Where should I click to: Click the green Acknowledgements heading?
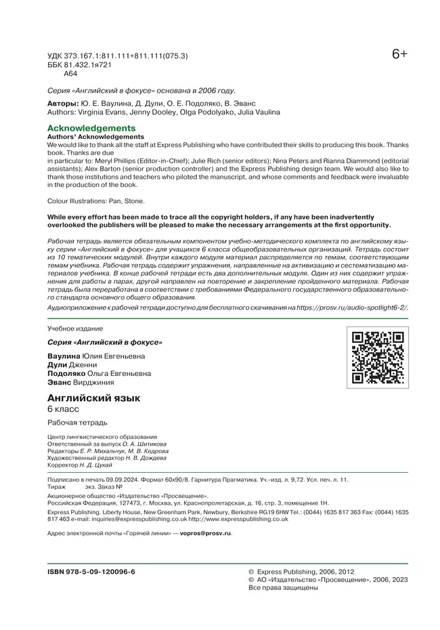pyautogui.click(x=91, y=128)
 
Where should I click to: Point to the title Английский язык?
pyautogui.click(x=93, y=398)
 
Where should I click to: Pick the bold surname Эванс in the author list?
pyautogui.click(x=59, y=382)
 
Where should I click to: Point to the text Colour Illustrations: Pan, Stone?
pyautogui.click(x=96, y=201)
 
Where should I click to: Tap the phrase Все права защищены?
pyautogui.click(x=284, y=588)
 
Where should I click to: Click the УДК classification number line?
pyautogui.click(x=117, y=56)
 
